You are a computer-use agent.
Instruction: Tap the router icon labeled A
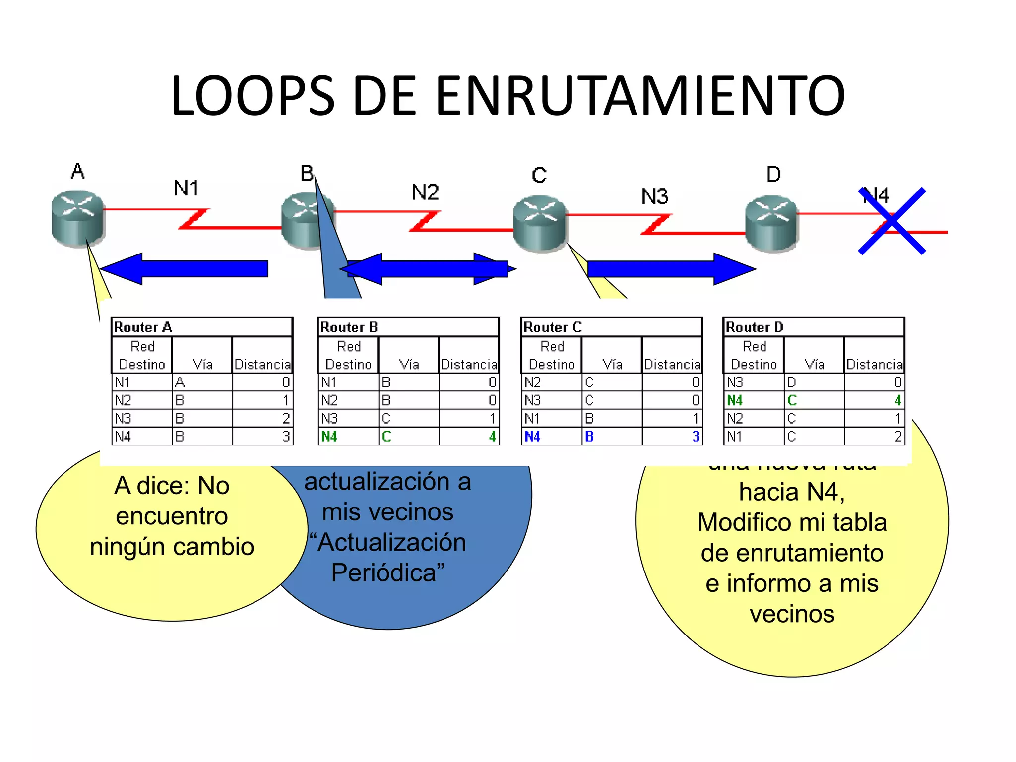[x=77, y=218]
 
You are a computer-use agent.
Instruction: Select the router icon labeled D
[x=771, y=223]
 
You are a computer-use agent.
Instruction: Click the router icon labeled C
[x=540, y=223]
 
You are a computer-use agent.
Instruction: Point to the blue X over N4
[x=892, y=221]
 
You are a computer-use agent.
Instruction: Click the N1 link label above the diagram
[x=186, y=189]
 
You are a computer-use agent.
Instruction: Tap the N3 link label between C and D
[x=654, y=197]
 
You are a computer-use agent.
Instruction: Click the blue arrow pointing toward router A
[x=184, y=269]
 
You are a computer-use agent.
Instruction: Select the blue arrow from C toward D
[x=670, y=269]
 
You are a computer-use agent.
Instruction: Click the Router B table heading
[x=349, y=327]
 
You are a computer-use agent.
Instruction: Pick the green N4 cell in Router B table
[x=329, y=437]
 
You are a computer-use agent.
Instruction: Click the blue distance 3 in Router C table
[x=696, y=437]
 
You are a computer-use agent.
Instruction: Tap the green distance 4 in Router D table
[x=897, y=400]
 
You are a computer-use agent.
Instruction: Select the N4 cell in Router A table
[x=123, y=437]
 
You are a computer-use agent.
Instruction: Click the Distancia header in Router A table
[x=262, y=365]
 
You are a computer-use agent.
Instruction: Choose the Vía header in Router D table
[x=814, y=365]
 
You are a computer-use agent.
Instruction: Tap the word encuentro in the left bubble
[x=172, y=516]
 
